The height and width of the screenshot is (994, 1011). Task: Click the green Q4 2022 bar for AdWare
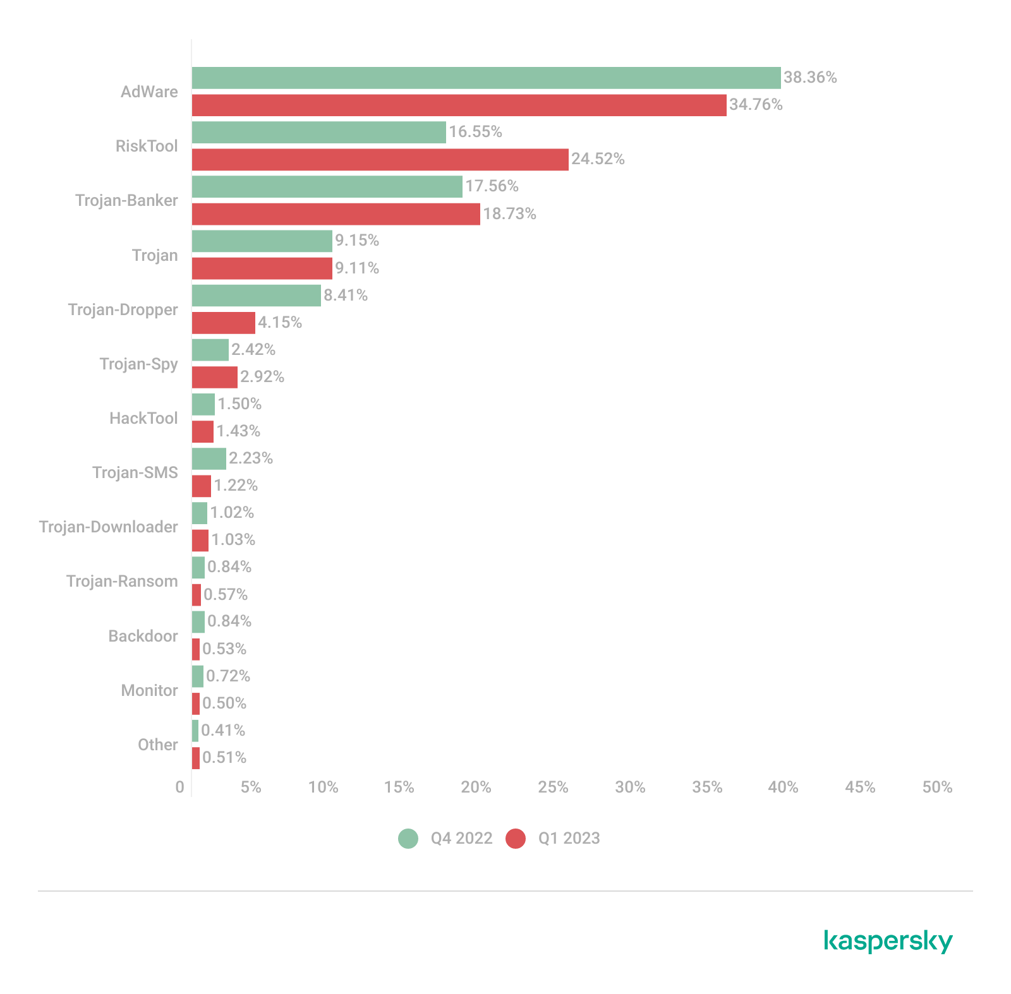486,78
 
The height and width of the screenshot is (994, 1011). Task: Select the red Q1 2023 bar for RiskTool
380,160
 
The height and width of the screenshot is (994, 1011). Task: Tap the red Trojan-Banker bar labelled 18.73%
336,214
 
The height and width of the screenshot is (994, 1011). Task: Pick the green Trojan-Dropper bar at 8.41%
256,296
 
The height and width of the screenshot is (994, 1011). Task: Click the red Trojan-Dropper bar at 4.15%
223,323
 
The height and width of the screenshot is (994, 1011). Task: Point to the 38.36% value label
810,78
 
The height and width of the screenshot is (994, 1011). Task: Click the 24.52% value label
598,159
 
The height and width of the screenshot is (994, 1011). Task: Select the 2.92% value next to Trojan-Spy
262,377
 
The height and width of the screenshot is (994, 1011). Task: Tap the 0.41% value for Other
223,731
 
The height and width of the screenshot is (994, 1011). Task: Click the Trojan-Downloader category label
108,527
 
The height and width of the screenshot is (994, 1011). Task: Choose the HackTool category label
143,418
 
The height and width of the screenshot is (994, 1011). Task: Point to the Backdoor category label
143,636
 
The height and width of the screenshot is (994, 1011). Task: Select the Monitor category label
149,690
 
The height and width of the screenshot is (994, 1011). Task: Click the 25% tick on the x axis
553,787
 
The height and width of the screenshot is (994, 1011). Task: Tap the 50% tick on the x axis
937,787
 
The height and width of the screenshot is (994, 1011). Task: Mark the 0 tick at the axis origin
180,787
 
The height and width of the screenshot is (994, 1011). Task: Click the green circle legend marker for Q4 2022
408,839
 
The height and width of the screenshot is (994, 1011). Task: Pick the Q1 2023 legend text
569,839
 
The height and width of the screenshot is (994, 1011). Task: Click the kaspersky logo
888,941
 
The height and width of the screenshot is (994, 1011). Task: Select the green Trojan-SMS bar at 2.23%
209,458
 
